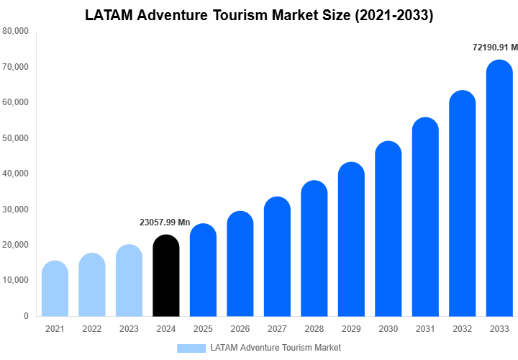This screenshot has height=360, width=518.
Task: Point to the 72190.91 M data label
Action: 495,48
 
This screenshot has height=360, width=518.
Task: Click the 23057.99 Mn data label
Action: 165,222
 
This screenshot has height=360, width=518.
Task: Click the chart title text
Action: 259,15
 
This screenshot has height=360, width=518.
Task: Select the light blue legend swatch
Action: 191,348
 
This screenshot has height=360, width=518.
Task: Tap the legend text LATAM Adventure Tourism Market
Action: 276,348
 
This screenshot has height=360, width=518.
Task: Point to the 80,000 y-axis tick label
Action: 16,31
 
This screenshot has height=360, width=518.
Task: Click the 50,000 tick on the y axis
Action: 16,138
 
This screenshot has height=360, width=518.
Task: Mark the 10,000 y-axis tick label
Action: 16,280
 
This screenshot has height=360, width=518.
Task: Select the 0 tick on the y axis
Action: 26,316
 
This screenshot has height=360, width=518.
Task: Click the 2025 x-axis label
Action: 203,329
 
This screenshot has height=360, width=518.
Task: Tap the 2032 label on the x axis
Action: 462,329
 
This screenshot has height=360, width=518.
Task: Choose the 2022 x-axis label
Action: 92,329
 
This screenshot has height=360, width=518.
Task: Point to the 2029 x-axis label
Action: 351,329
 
